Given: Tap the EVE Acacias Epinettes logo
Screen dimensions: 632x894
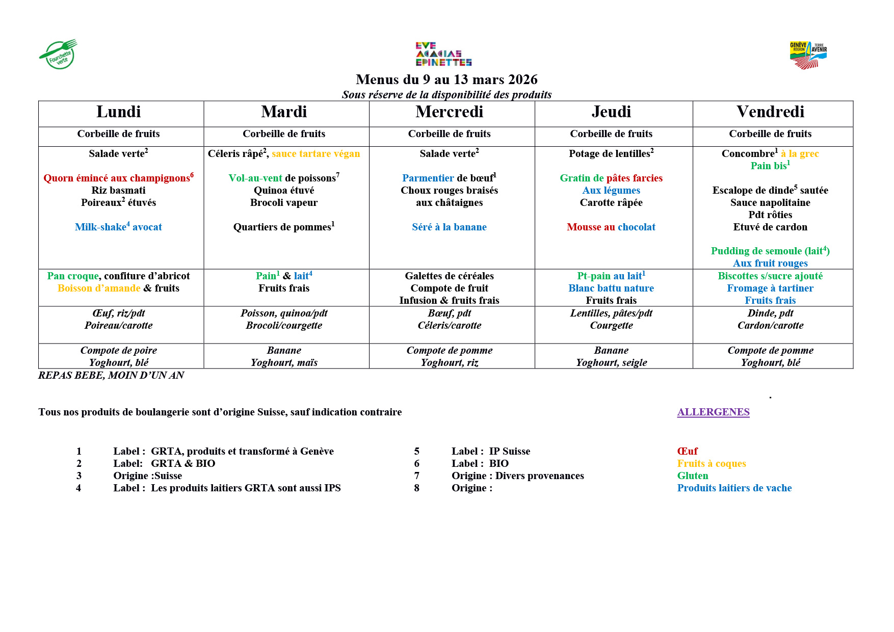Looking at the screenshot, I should [x=443, y=54].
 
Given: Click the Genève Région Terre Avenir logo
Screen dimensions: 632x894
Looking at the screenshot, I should [x=808, y=55].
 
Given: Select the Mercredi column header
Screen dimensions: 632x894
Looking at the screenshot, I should [x=449, y=112].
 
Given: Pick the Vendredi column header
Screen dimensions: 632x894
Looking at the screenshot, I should [x=770, y=112].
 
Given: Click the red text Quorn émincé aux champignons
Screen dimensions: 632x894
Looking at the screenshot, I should [x=118, y=178].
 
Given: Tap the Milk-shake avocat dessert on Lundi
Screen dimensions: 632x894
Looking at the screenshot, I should [x=118, y=227].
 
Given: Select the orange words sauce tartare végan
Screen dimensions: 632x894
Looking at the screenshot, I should [x=316, y=153].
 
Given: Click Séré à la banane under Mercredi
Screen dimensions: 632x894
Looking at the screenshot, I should [x=449, y=227].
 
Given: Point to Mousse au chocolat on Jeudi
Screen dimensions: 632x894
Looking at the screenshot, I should [x=611, y=227].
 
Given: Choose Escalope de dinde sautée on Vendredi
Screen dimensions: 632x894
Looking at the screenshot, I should [x=770, y=190].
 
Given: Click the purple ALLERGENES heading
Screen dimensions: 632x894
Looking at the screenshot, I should [x=713, y=412].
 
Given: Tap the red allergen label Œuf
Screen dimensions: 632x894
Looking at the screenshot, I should [x=687, y=451].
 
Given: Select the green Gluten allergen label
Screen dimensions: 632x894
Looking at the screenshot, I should [x=692, y=476].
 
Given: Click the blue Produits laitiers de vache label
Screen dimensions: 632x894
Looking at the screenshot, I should [x=734, y=488].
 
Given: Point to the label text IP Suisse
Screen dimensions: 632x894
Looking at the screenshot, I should [x=509, y=451].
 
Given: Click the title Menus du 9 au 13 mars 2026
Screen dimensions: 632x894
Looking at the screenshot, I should [x=446, y=80].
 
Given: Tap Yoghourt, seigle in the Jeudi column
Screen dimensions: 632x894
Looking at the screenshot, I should [x=611, y=362].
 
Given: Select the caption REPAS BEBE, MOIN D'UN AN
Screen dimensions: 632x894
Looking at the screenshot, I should [x=111, y=375].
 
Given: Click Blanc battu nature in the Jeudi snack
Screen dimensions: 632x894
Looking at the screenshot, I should [x=611, y=288].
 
